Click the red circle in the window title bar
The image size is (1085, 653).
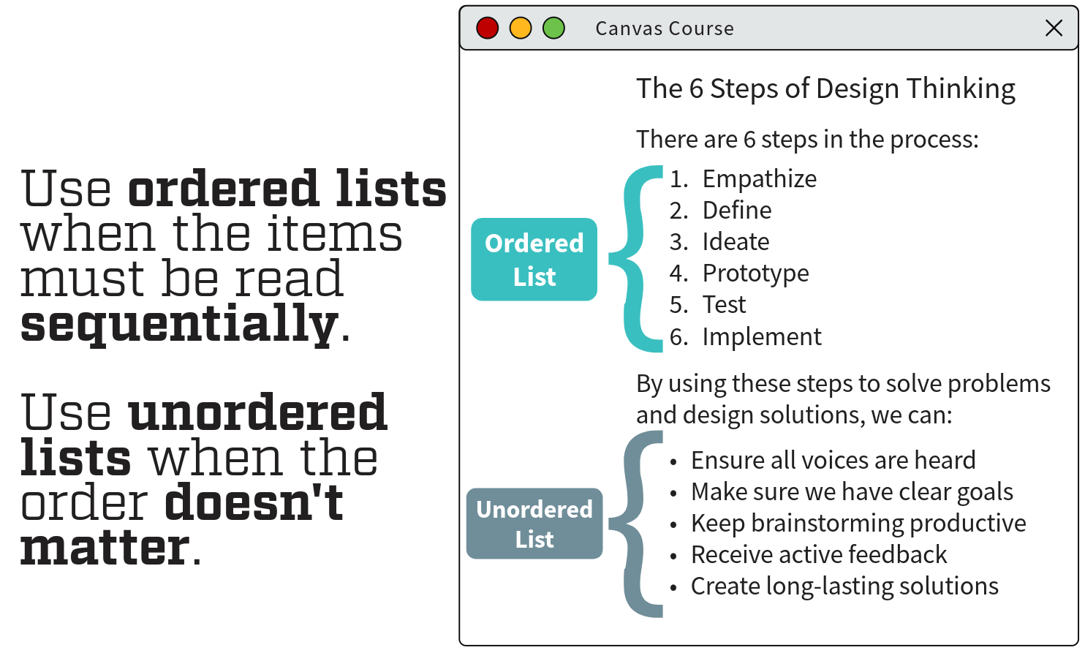tap(487, 29)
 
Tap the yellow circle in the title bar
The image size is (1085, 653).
tap(521, 29)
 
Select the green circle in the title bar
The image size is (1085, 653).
tap(553, 29)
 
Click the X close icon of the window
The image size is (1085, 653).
tap(1054, 29)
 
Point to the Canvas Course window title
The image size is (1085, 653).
tap(664, 29)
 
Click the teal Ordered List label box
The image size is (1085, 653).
tap(534, 260)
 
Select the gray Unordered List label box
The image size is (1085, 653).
tap(534, 524)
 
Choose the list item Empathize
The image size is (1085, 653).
tap(759, 179)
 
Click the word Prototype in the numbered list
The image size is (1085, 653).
tap(755, 273)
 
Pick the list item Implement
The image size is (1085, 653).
tap(761, 337)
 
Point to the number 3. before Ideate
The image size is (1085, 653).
tap(678, 242)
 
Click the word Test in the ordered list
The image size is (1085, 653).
tap(724, 305)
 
